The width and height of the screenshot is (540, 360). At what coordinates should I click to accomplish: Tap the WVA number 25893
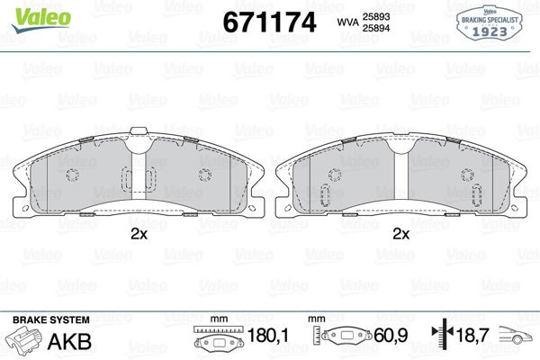click(375, 16)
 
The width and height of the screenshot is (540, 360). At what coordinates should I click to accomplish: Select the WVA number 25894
click(375, 30)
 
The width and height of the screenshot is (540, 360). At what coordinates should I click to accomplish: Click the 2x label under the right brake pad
click(401, 234)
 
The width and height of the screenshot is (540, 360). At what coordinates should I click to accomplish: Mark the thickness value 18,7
click(478, 338)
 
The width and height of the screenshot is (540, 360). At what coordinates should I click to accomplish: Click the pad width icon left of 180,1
click(216, 341)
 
